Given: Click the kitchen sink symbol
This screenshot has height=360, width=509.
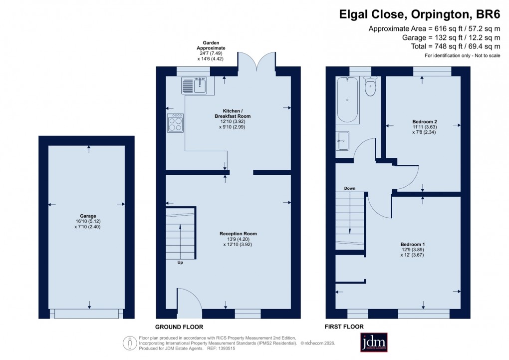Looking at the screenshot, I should [194, 85].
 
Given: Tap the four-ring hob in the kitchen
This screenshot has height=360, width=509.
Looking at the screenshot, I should [175, 123].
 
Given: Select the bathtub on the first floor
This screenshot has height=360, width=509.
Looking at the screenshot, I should [347, 100].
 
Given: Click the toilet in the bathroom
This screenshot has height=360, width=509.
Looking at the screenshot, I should [370, 87].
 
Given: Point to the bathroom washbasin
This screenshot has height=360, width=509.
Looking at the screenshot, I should [343, 141].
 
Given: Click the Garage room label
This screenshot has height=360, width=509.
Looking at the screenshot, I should [87, 216].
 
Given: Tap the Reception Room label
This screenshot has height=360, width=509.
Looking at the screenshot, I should [238, 233].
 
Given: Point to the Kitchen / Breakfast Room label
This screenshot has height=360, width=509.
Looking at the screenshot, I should [230, 113].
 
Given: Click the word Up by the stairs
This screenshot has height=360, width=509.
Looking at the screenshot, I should [180, 262].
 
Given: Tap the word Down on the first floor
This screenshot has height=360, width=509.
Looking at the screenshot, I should [349, 188].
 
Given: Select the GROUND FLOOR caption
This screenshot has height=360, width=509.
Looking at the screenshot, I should [179, 327].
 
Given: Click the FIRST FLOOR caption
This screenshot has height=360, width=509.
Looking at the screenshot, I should [345, 327].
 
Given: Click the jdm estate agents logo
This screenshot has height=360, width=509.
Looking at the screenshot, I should [374, 343].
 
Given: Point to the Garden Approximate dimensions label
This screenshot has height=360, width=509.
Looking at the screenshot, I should [210, 51].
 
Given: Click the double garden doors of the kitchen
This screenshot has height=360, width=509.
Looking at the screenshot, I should [256, 62].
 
